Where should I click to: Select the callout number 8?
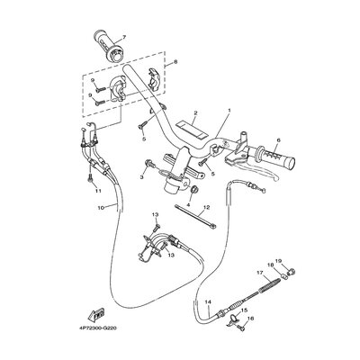[x=175, y=61]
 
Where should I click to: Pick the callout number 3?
[x=142, y=178]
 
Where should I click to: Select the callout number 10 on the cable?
[x=101, y=208]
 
